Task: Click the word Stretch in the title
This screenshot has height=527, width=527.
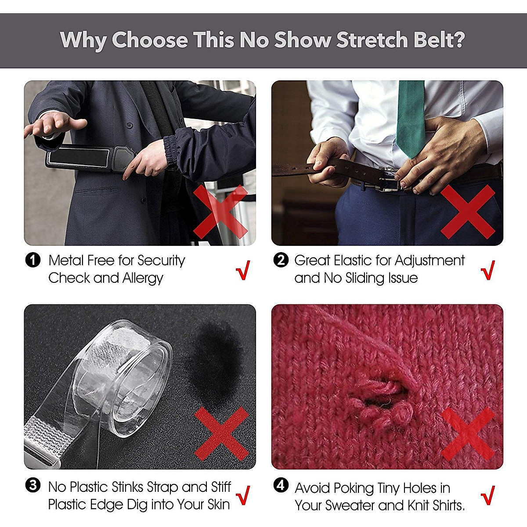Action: [x=372, y=40]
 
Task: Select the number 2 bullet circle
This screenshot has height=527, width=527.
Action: [x=281, y=260]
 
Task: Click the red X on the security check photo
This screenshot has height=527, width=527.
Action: [x=221, y=212]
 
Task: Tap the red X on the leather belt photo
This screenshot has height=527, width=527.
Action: [x=468, y=212]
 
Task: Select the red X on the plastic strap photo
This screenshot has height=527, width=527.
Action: [x=222, y=434]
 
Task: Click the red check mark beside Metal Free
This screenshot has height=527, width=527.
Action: [x=243, y=270]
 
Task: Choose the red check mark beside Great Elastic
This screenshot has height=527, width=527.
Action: [x=488, y=270]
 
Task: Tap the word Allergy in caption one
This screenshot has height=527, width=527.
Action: [x=143, y=278]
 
